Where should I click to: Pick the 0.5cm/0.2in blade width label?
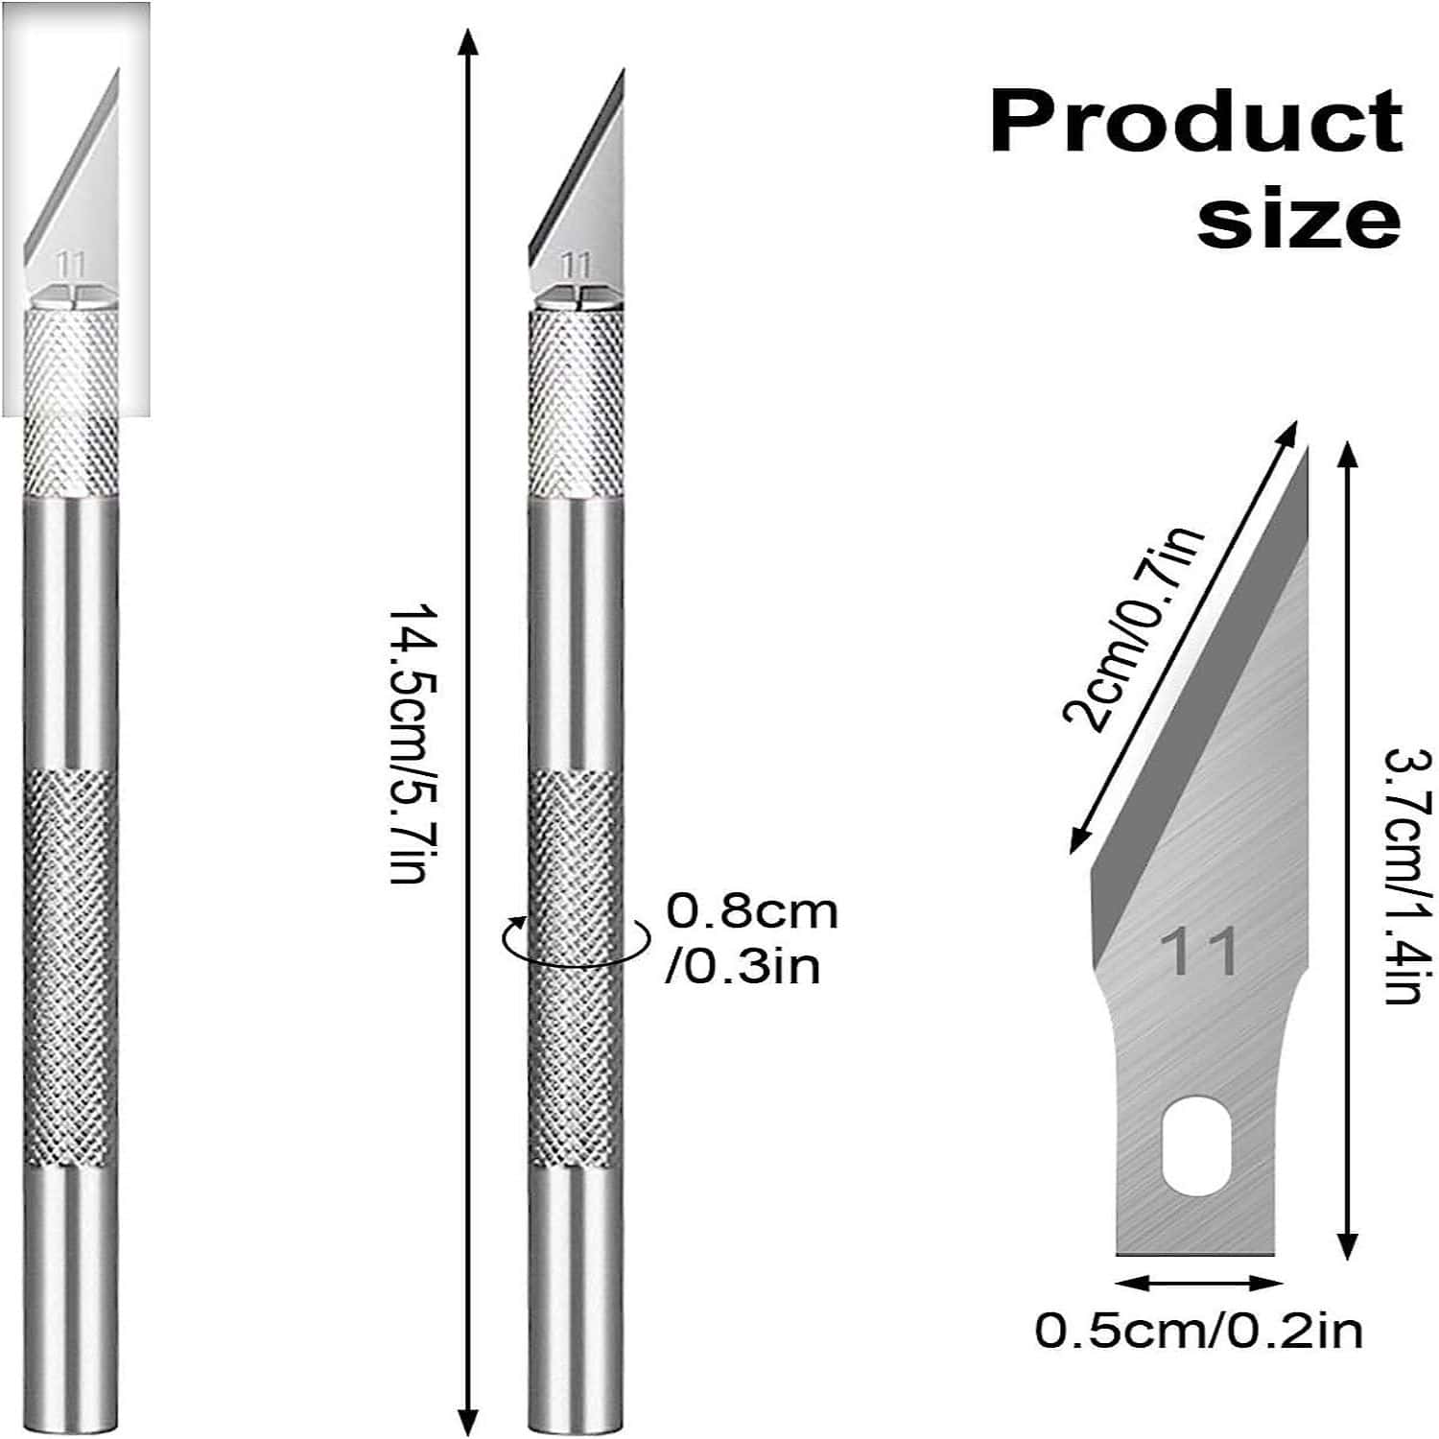point(1198,1331)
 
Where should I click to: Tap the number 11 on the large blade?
point(1199,953)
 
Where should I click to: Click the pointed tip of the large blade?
point(1305,451)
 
